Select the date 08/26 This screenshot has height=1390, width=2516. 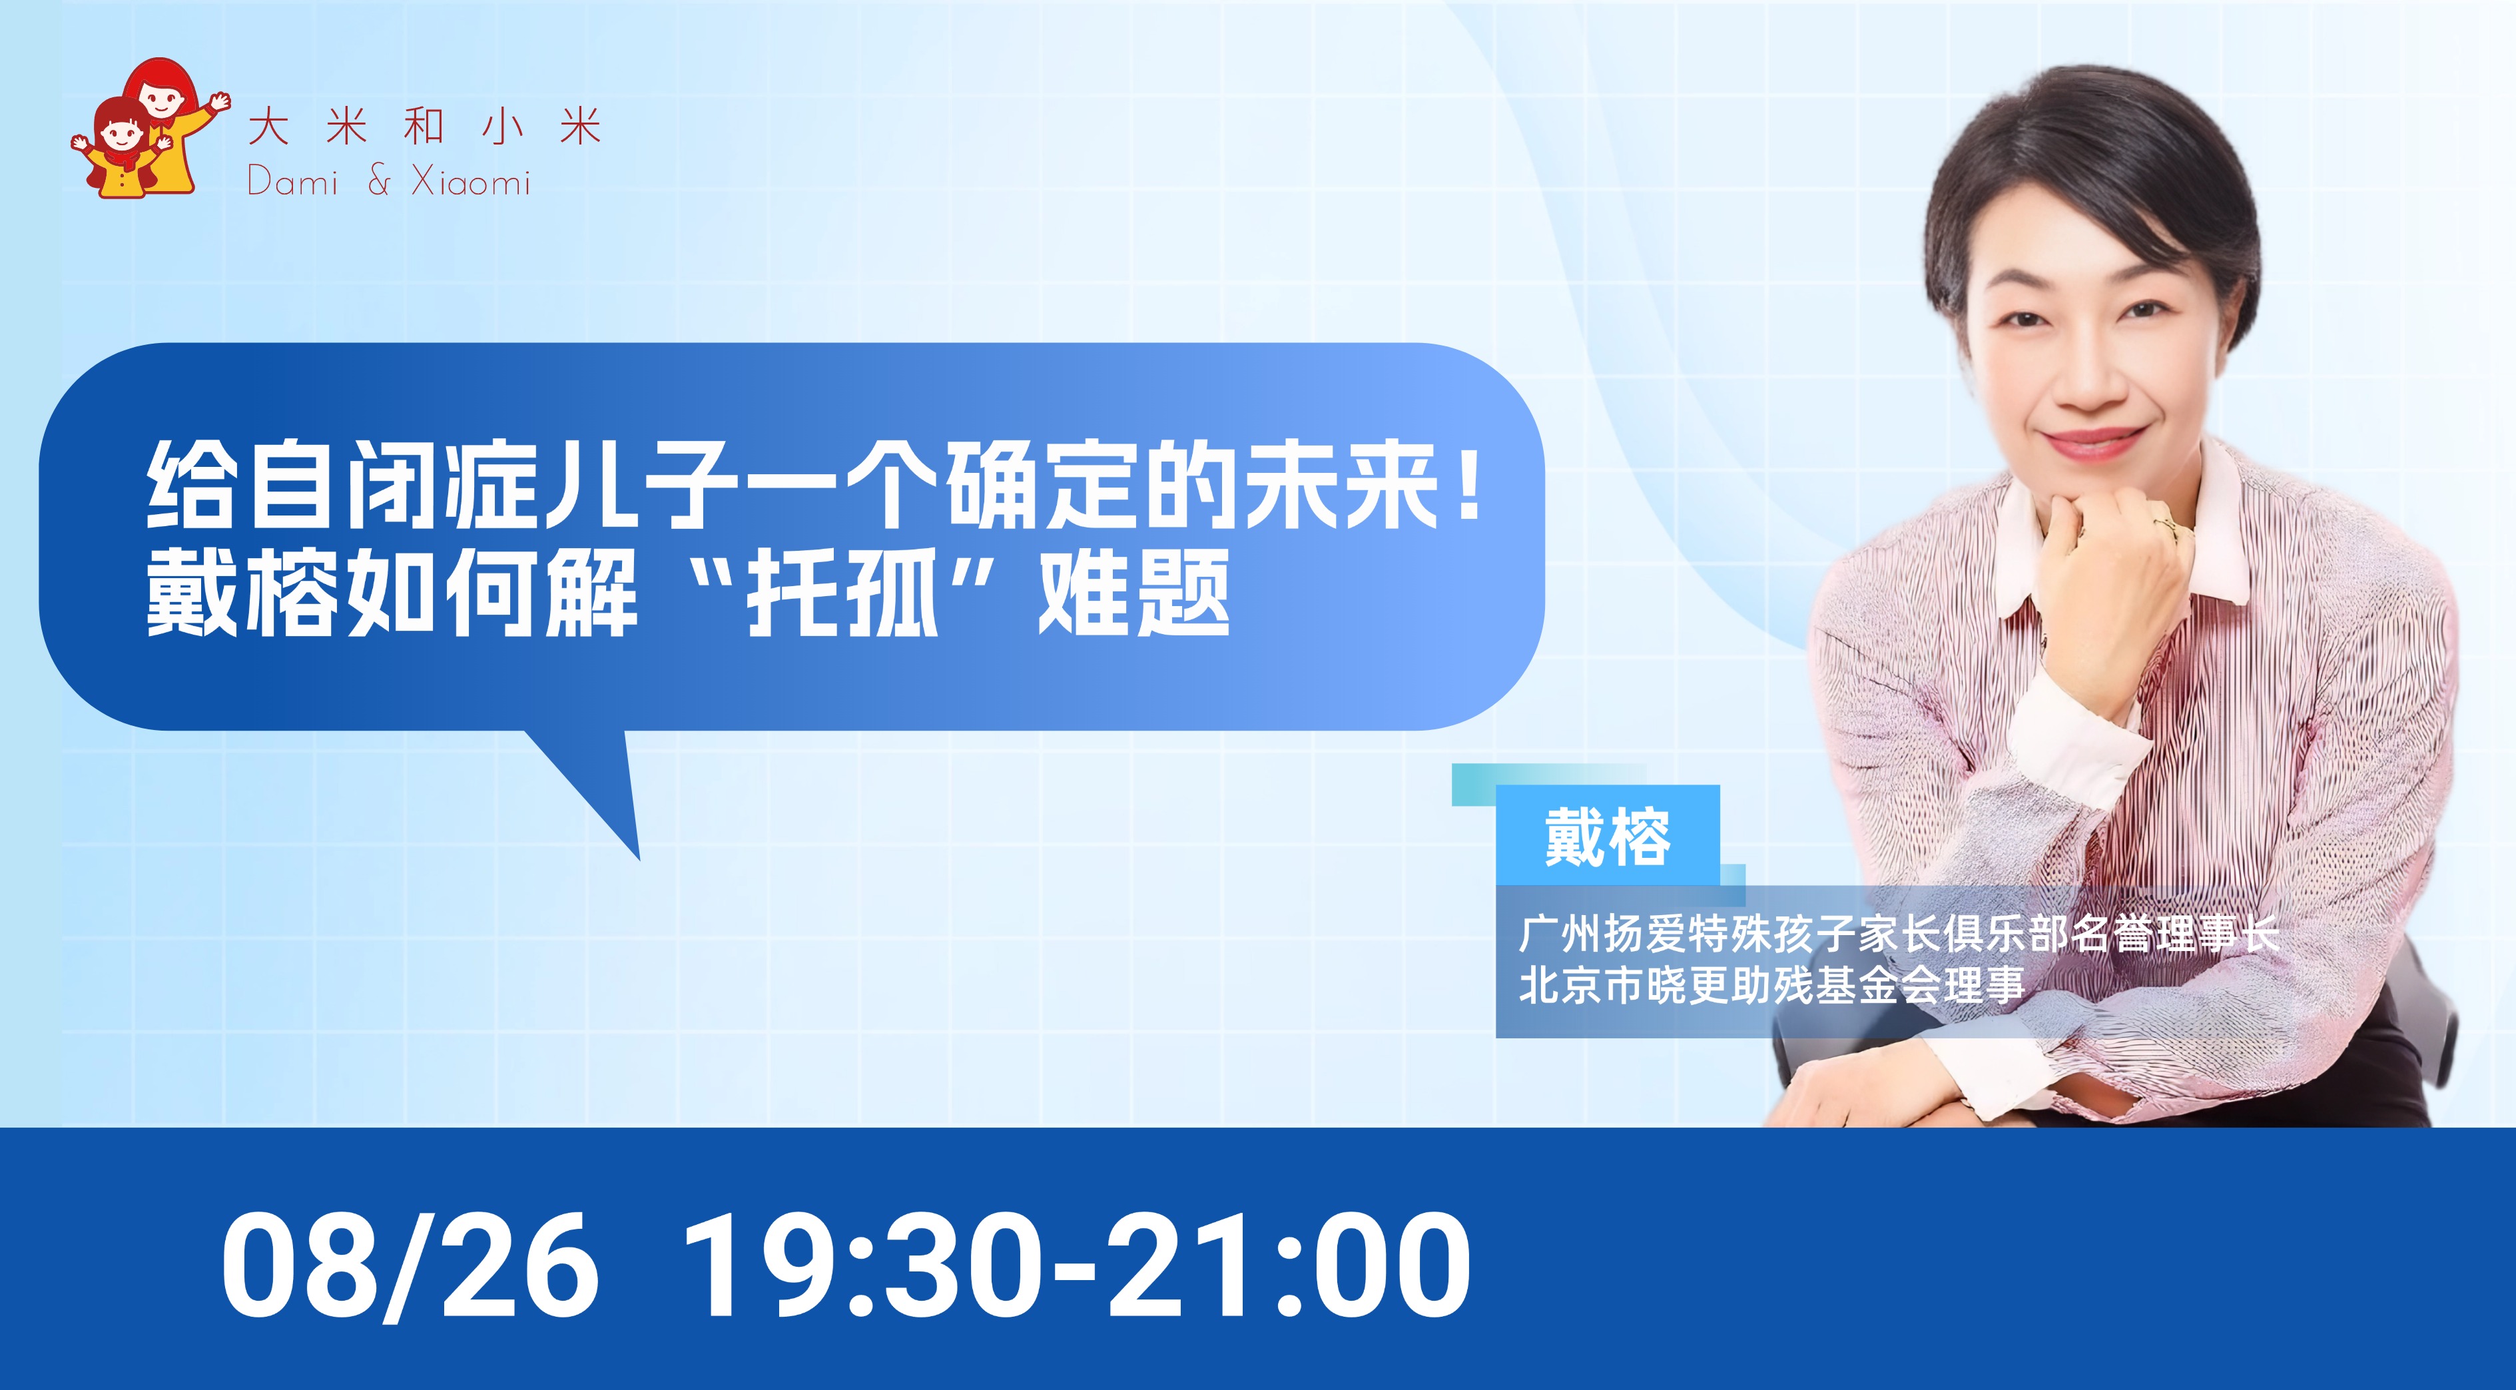point(410,1264)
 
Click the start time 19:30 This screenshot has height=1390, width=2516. point(856,1264)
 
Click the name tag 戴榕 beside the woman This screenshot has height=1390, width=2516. point(1607,836)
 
